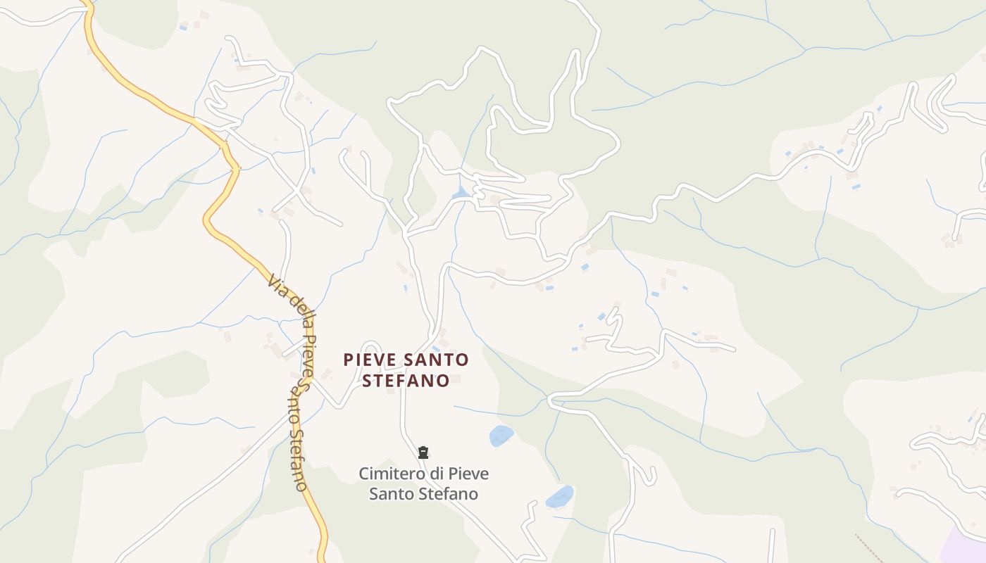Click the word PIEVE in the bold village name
pyautogui.click(x=370, y=360)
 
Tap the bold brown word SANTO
pyautogui.click(x=437, y=360)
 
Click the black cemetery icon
pyautogui.click(x=423, y=452)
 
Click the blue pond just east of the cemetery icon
pyautogui.click(x=501, y=436)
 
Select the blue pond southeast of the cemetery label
pyautogui.click(x=560, y=497)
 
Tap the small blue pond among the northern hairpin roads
pyautogui.click(x=461, y=192)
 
